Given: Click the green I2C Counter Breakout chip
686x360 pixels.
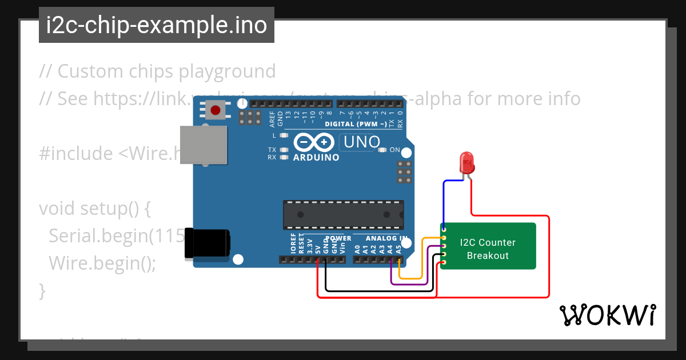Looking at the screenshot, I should [x=488, y=246].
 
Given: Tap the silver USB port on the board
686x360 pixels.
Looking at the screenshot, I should [x=203, y=145].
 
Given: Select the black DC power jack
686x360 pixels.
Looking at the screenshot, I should [x=207, y=244].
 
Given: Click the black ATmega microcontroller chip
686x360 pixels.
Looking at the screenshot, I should [x=343, y=215].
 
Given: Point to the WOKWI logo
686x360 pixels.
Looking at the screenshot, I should [x=607, y=315].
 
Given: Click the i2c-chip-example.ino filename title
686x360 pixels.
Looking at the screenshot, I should [x=157, y=25].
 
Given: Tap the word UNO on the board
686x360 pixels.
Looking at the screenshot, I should [x=360, y=141].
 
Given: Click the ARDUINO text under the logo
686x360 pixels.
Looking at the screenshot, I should [x=316, y=157].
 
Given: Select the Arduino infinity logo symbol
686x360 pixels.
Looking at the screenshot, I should [x=314, y=142].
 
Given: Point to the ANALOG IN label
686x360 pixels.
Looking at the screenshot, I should [x=386, y=238].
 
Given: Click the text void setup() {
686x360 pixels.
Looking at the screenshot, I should [x=95, y=208].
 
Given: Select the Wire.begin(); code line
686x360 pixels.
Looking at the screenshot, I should [x=102, y=263].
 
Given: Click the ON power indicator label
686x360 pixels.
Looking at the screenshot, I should [x=395, y=150].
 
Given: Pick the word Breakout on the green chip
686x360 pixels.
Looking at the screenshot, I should [x=488, y=255].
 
